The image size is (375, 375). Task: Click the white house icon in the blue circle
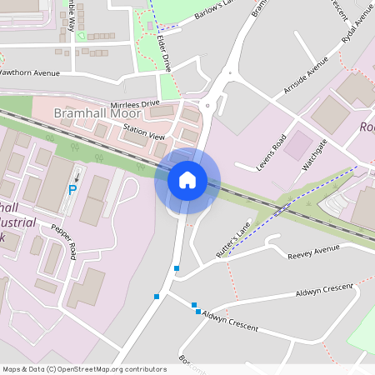187,179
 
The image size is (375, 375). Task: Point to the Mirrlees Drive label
138,103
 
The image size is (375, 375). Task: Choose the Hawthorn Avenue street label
30,72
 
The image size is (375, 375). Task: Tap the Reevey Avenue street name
313,249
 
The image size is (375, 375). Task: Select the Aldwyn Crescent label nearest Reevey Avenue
323,291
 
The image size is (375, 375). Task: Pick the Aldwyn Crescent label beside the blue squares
230,321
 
